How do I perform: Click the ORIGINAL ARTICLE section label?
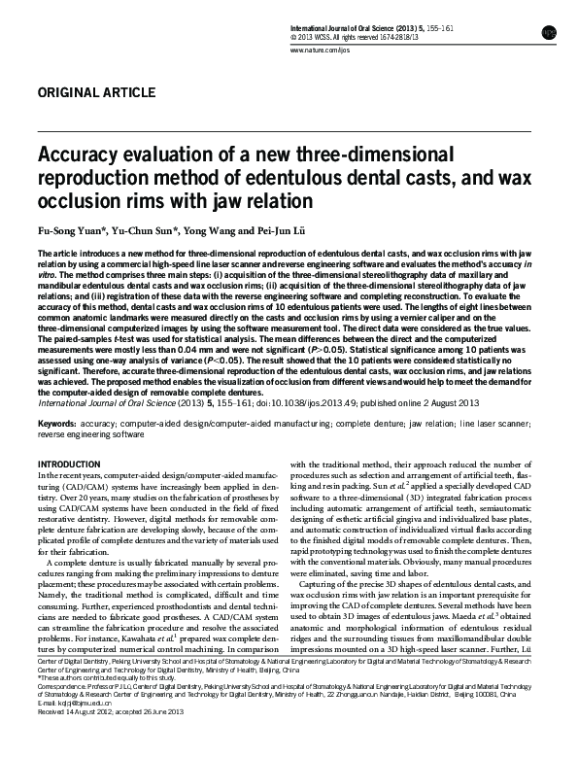click(94, 93)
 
